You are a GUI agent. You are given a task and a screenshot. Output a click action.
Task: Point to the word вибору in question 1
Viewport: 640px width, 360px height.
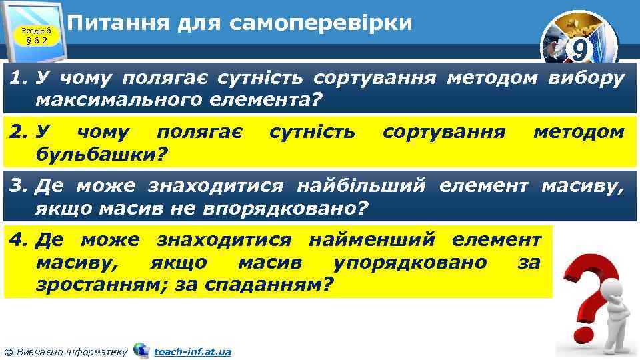tap(586, 79)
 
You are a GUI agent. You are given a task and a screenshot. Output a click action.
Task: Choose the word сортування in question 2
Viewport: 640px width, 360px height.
tap(444, 132)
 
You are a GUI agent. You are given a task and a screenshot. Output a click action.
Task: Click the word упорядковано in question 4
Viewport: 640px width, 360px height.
tap(409, 261)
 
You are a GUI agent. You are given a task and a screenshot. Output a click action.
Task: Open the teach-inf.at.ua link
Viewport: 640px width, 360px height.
tap(192, 351)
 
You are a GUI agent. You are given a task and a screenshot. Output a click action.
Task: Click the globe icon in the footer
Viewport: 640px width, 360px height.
tap(141, 350)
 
